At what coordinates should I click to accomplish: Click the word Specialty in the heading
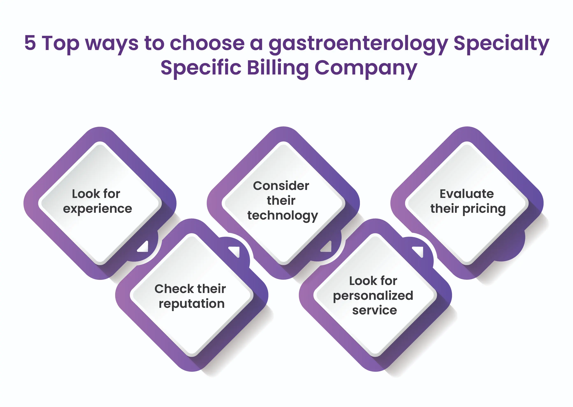(x=501, y=45)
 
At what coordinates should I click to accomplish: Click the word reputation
(x=192, y=304)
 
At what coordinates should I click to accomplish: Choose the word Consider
(x=281, y=186)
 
